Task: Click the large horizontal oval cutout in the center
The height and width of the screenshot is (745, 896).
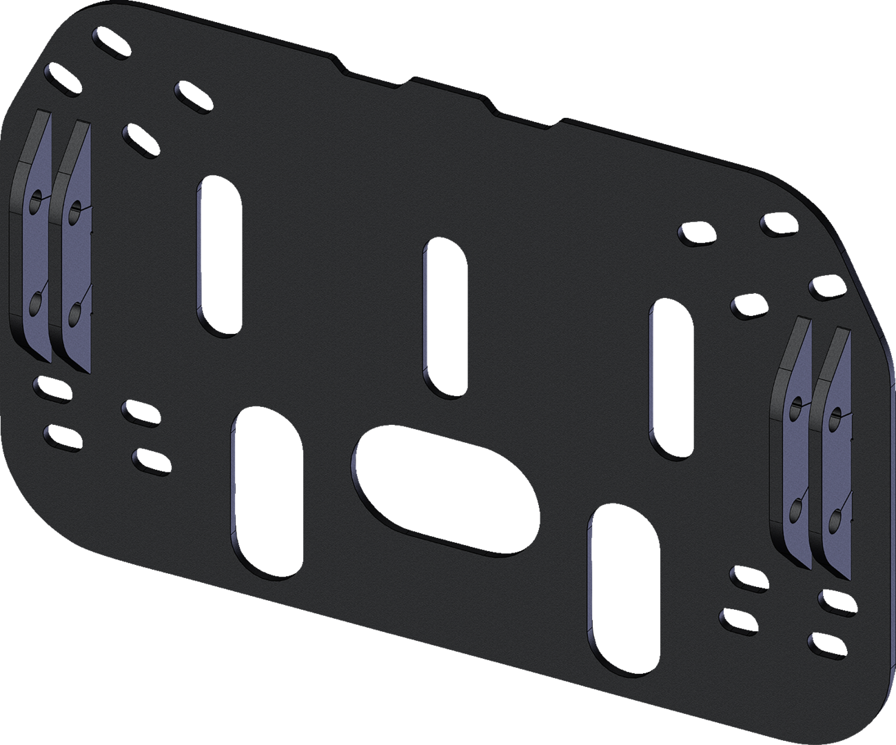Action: (x=445, y=490)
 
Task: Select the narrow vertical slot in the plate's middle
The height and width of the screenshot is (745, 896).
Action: (x=445, y=317)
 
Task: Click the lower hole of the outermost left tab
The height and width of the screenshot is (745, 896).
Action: (x=36, y=300)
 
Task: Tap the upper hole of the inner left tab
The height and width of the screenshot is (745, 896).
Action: (x=77, y=208)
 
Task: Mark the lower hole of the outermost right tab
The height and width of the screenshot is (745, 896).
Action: (x=835, y=518)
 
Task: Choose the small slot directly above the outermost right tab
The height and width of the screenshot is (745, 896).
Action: (x=826, y=286)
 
